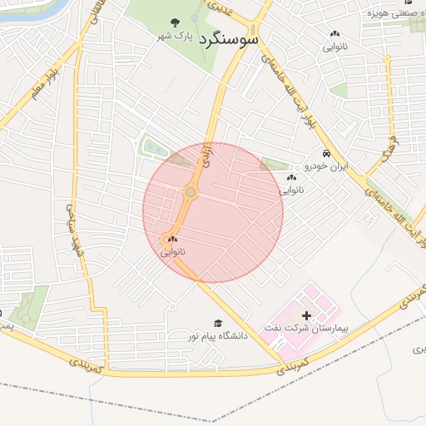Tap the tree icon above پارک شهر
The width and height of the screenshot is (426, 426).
[x=174, y=22]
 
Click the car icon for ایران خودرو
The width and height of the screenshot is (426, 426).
[x=327, y=154]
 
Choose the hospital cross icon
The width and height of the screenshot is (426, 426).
[x=309, y=315]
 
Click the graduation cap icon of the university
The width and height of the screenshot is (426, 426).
[x=218, y=323]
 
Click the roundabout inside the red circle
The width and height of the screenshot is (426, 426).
[x=191, y=193]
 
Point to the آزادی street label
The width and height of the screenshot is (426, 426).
[x=205, y=153]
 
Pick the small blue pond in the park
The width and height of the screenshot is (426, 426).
[x=152, y=149]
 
